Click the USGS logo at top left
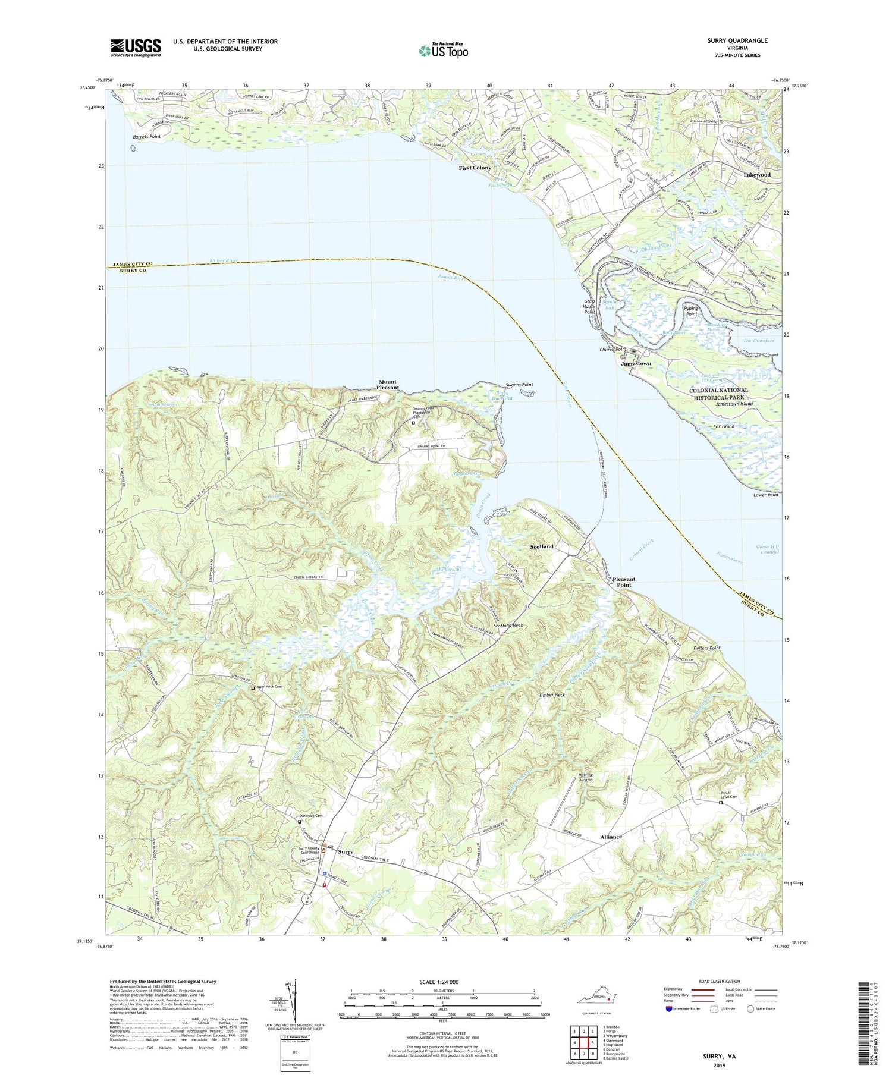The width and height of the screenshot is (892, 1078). (x=136, y=48)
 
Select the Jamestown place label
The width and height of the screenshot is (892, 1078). (x=637, y=363)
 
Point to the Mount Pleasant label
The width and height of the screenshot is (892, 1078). (x=387, y=385)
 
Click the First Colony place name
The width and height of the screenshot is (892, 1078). (x=475, y=168)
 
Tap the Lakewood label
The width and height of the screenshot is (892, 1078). (x=757, y=175)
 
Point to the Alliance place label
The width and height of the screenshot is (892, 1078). (x=611, y=837)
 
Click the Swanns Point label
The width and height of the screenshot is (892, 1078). (x=519, y=385)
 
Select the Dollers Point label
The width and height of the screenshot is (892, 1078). (x=706, y=648)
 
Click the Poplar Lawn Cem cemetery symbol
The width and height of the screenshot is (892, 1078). (x=720, y=802)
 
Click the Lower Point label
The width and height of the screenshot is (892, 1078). (x=765, y=495)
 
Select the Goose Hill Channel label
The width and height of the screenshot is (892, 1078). (x=767, y=549)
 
